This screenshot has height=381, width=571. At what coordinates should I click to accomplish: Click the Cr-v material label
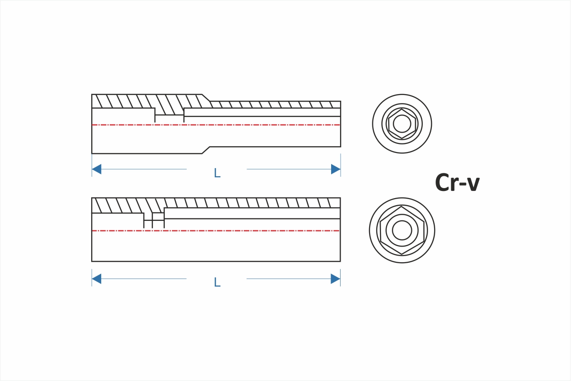[x=457, y=183]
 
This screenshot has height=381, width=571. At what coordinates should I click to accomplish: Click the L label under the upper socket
[x=217, y=173]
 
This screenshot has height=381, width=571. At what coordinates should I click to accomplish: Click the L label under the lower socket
[x=217, y=283]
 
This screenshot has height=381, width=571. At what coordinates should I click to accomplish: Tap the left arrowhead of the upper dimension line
[x=96, y=169]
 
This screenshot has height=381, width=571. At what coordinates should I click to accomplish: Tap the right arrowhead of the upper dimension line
[x=336, y=169]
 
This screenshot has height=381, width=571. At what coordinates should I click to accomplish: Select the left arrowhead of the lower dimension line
[x=96, y=279]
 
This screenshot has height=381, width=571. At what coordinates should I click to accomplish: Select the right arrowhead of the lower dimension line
[x=336, y=279]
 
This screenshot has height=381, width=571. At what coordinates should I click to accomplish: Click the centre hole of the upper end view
[x=402, y=124]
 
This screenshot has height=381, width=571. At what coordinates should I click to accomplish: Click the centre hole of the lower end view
[x=402, y=230]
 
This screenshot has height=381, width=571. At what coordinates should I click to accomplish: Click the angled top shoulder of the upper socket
[x=207, y=98]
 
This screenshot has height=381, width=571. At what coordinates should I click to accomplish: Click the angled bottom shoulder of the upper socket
[x=206, y=150]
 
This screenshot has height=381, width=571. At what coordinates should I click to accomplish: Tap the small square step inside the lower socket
[x=158, y=217]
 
